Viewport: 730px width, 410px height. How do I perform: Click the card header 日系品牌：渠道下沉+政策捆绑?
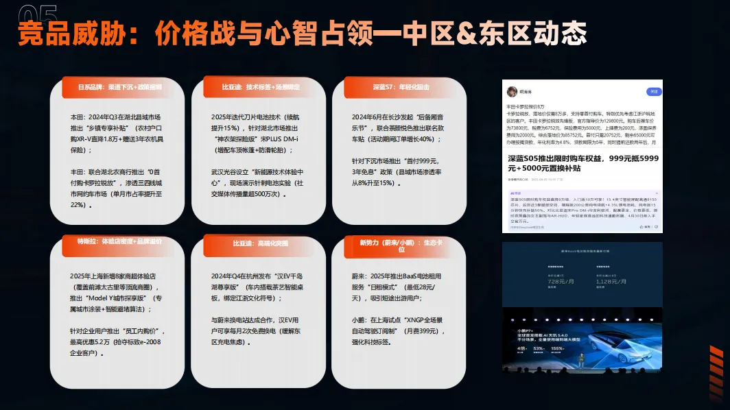click(120, 88)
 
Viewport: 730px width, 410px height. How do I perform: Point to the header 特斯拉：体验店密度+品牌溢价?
click(120, 242)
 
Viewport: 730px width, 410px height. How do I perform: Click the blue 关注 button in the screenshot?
click(655, 91)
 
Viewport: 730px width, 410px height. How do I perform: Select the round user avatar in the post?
click(512, 92)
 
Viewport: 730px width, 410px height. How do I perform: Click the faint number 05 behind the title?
click(38, 13)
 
